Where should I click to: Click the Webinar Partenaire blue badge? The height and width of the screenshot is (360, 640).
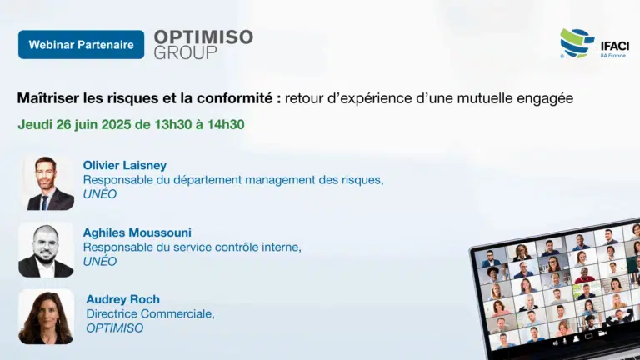coord(81,44)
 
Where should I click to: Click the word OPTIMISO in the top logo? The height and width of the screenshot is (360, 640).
coord(203,37)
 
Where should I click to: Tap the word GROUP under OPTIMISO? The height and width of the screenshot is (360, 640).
coord(185,52)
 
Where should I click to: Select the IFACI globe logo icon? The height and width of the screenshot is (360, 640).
coord(577,42)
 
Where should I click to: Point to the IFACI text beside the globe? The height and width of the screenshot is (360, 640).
coord(615,46)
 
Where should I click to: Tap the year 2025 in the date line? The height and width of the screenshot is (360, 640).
coord(117,124)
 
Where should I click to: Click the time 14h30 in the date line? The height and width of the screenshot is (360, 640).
coord(226,124)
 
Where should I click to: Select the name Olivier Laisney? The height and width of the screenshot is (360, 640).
coord(125,165)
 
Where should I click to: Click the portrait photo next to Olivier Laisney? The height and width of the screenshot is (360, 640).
coord(47,182)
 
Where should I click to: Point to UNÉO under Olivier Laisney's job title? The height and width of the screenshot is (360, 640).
coord(100,194)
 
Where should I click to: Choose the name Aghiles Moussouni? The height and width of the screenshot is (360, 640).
coord(137,232)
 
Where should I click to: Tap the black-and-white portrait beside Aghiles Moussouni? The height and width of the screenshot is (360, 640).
coord(46,250)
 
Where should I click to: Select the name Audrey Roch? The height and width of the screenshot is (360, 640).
coord(122,299)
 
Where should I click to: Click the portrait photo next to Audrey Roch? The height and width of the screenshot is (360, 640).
coord(46,317)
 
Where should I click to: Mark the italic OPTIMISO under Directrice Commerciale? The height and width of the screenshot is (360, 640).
coord(115,328)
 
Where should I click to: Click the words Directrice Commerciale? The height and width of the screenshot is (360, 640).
coord(150,314)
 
